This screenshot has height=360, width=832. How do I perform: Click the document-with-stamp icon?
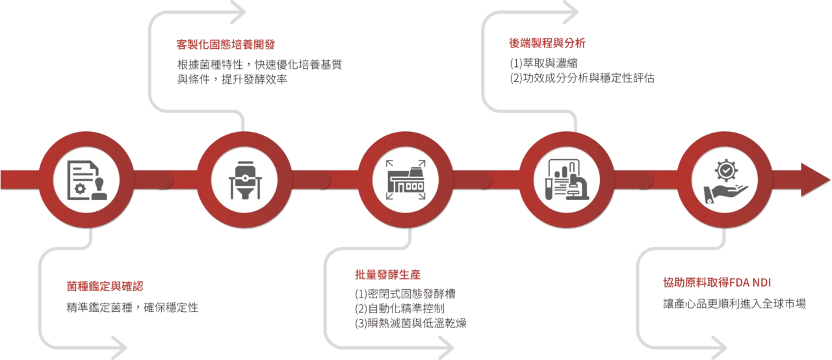tap(86, 179)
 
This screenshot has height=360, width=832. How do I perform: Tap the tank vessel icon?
tap(245, 179)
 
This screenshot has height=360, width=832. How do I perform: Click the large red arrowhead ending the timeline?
tap(815, 179)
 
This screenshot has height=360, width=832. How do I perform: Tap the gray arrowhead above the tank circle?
tap(242, 12)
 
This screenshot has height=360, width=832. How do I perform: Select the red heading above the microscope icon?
tap(548, 44)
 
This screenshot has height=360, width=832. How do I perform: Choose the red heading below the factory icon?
tap(387, 274)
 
